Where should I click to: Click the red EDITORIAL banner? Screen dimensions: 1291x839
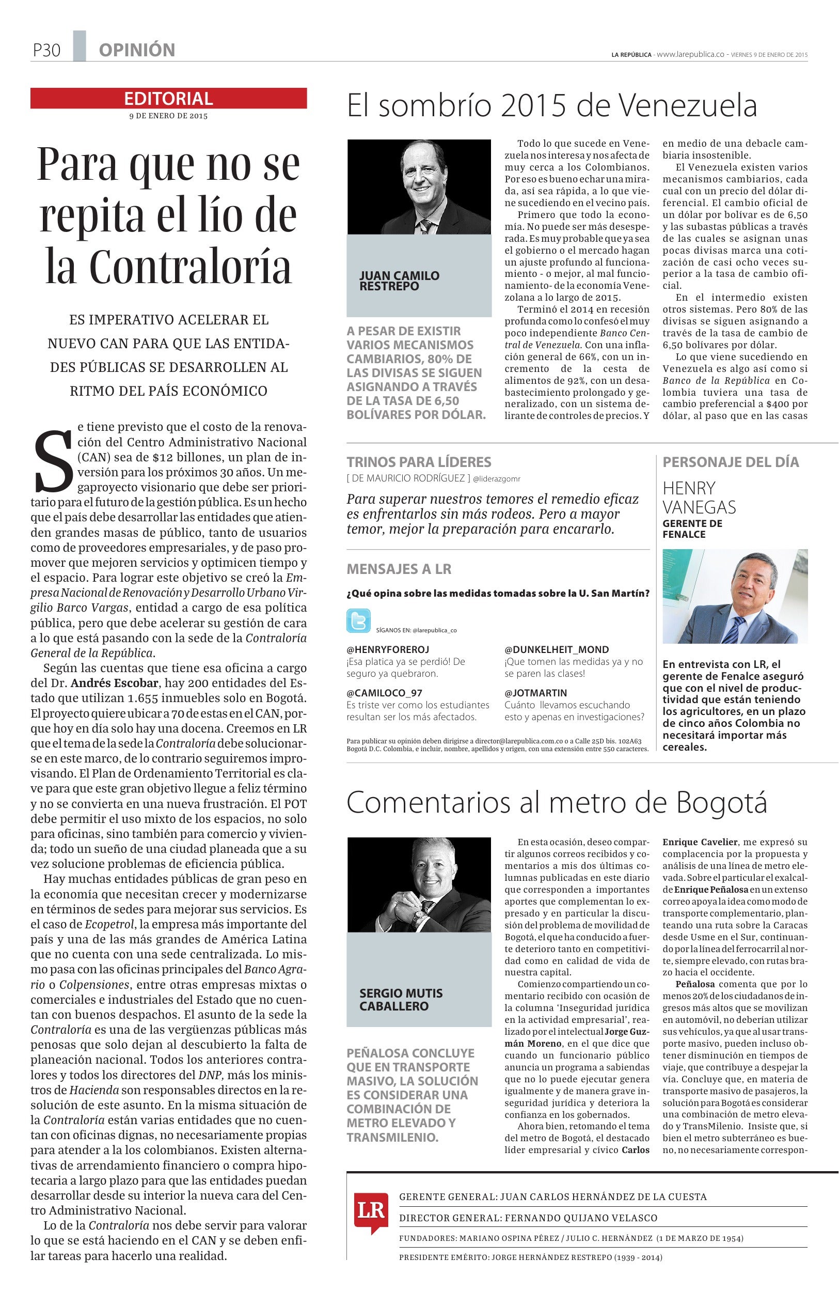[168, 98]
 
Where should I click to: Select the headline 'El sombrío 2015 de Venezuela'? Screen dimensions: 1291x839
[551, 106]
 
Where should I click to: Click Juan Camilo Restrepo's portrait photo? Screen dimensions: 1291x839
[419, 186]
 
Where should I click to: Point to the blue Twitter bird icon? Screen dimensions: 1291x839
[358, 620]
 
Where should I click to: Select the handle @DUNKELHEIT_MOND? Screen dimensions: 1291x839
[557, 649]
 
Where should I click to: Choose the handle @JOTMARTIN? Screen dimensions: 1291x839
[535, 693]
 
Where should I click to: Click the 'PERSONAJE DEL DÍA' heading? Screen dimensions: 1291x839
[731, 462]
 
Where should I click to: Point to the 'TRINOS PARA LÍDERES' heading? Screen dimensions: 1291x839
[419, 462]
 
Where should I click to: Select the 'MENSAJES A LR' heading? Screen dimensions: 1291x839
[399, 569]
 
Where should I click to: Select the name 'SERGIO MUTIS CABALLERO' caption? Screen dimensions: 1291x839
[401, 999]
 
